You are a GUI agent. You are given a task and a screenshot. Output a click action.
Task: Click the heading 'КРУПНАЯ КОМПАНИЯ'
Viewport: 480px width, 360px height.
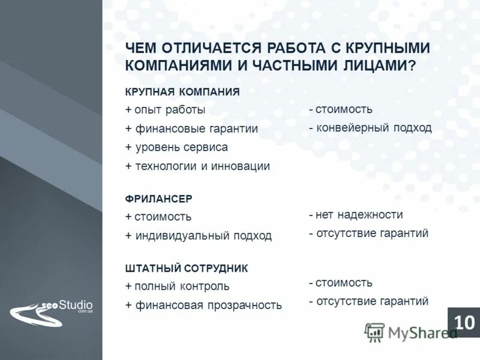(x=182, y=92)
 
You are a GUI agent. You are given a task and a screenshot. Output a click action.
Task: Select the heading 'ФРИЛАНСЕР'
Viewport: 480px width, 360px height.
(x=158, y=198)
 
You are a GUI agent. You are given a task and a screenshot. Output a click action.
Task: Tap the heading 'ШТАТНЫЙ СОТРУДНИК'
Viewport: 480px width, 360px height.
(x=186, y=268)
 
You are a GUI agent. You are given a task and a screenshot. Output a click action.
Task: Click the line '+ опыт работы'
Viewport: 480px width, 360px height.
(x=165, y=110)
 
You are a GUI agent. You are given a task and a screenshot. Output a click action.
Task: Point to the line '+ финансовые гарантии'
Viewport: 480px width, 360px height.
(x=191, y=128)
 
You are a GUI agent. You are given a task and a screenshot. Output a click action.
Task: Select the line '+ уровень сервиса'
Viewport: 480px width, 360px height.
(x=176, y=147)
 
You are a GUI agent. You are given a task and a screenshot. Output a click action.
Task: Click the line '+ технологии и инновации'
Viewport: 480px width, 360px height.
(x=197, y=166)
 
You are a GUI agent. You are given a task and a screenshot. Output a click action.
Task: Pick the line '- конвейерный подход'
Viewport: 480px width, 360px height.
(x=370, y=128)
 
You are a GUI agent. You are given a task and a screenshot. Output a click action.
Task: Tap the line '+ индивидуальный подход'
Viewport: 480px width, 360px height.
(x=198, y=236)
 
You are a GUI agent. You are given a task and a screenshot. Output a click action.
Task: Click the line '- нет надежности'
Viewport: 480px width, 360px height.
(x=356, y=215)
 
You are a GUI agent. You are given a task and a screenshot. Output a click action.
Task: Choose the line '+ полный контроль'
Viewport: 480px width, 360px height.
(x=177, y=286)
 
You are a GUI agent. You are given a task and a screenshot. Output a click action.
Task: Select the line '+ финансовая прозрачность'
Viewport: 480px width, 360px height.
(x=203, y=305)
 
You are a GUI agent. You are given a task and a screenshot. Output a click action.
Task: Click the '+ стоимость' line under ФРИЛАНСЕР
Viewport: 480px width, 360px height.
(x=158, y=217)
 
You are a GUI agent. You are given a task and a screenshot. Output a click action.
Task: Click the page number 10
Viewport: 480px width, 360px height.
(x=464, y=322)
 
